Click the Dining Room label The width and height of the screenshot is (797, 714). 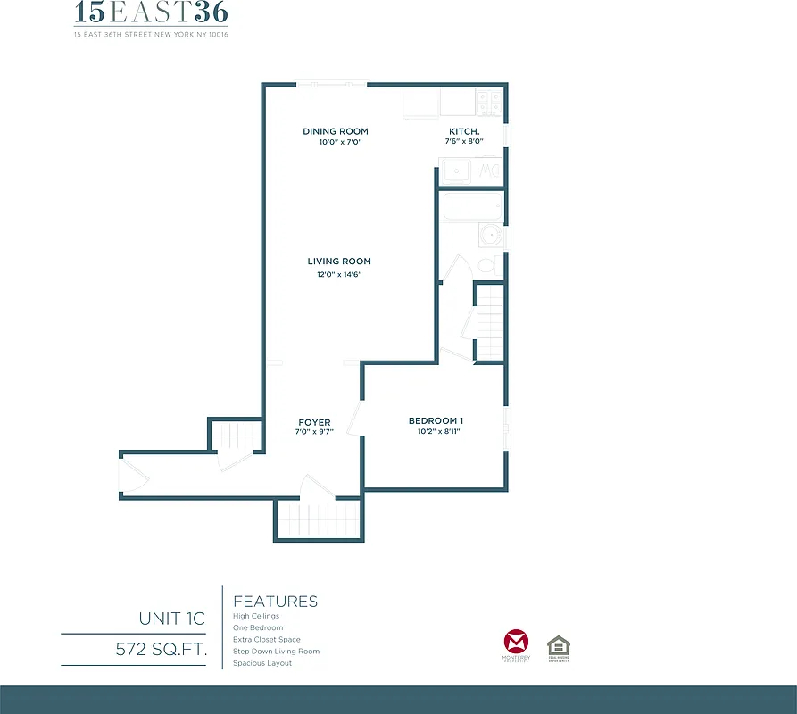click(x=336, y=131)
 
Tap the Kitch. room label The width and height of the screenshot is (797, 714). click(x=465, y=131)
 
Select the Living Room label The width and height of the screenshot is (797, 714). click(x=339, y=262)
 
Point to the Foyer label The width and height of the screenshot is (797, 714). click(x=314, y=422)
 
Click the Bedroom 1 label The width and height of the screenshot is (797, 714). click(x=436, y=421)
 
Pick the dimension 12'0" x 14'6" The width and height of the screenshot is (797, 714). click(x=339, y=274)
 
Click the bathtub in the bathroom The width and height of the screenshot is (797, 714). click(x=473, y=209)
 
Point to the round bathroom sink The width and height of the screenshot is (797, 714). click(x=489, y=236)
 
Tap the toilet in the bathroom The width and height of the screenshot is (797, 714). click(x=487, y=264)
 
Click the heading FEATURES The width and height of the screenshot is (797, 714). click(x=275, y=602)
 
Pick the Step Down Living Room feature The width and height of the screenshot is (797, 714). click(x=276, y=652)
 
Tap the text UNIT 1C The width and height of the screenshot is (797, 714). click(x=171, y=618)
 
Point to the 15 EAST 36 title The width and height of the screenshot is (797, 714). click(x=151, y=14)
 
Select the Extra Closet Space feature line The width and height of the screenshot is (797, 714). click(x=267, y=640)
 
